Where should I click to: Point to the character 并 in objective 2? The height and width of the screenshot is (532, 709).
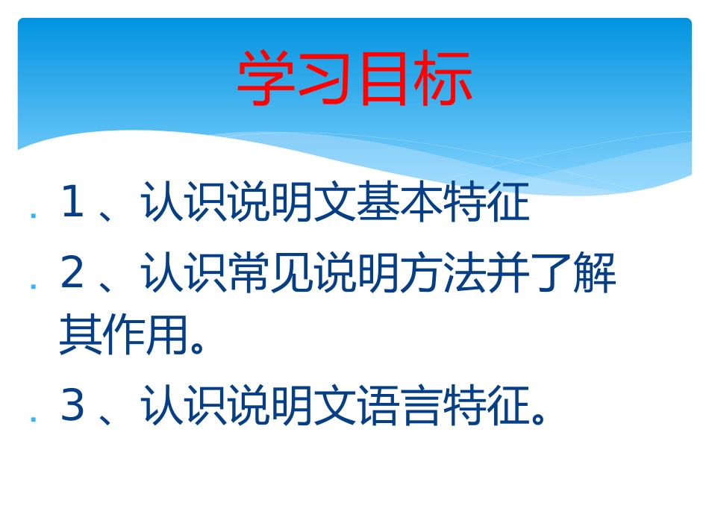tap(508, 274)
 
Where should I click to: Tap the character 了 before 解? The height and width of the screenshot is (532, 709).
tap(552, 274)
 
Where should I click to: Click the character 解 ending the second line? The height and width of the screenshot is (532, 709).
tap(595, 274)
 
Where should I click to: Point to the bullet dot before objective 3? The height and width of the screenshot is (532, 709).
tap(34, 419)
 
